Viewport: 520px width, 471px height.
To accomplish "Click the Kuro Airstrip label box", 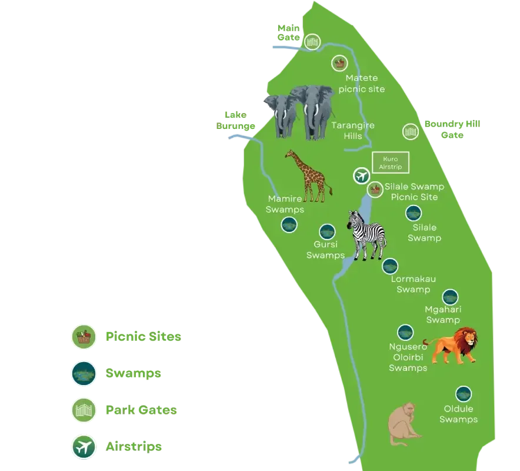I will click(391, 162).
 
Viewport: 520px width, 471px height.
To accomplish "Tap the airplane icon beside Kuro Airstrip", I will click(361, 175).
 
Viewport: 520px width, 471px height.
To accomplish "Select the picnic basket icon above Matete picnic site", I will click(339, 63).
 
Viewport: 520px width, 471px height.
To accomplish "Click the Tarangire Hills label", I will click(352, 131).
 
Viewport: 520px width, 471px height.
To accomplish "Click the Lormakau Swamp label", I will click(413, 284).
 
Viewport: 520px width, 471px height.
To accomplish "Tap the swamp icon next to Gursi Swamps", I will click(327, 233).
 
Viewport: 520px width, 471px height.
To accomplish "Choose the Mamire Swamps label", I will click(285, 204).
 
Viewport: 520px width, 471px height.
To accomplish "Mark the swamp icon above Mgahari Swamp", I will click(450, 297).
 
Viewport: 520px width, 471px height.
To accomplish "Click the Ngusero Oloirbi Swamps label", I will click(408, 357).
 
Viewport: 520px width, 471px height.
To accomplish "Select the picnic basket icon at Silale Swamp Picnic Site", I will click(375, 189).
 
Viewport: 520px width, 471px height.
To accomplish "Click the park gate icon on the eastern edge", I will click(409, 131).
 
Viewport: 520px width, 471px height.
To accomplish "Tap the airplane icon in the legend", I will click(84, 447).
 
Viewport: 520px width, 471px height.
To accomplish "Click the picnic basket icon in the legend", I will click(84, 337).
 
